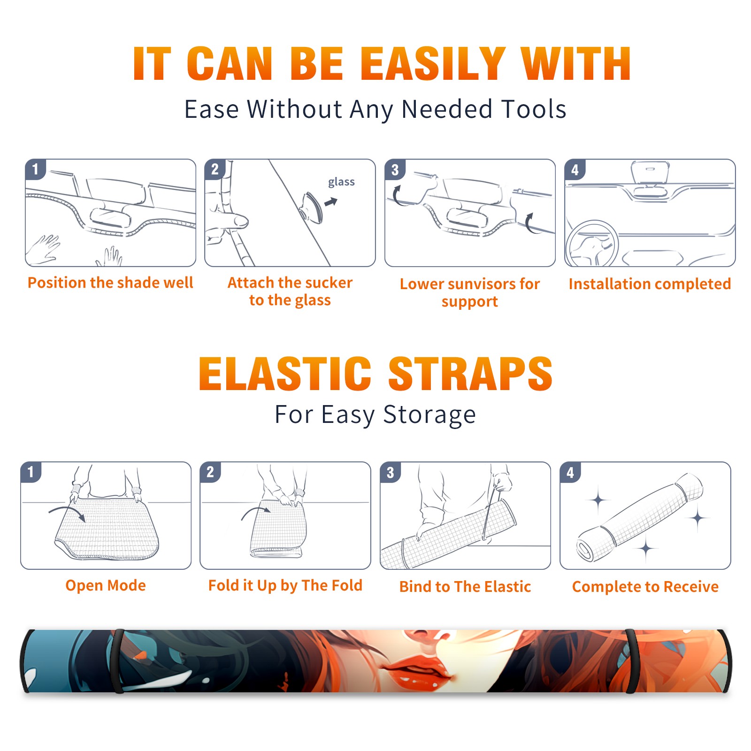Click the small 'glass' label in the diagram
click(341, 182)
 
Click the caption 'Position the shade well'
click(110, 283)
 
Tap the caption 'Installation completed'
click(650, 284)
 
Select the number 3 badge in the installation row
click(395, 170)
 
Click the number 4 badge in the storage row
click(570, 472)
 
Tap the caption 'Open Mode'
click(106, 585)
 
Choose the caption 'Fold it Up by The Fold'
click(285, 585)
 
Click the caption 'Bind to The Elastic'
click(465, 587)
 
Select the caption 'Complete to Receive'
click(645, 587)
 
